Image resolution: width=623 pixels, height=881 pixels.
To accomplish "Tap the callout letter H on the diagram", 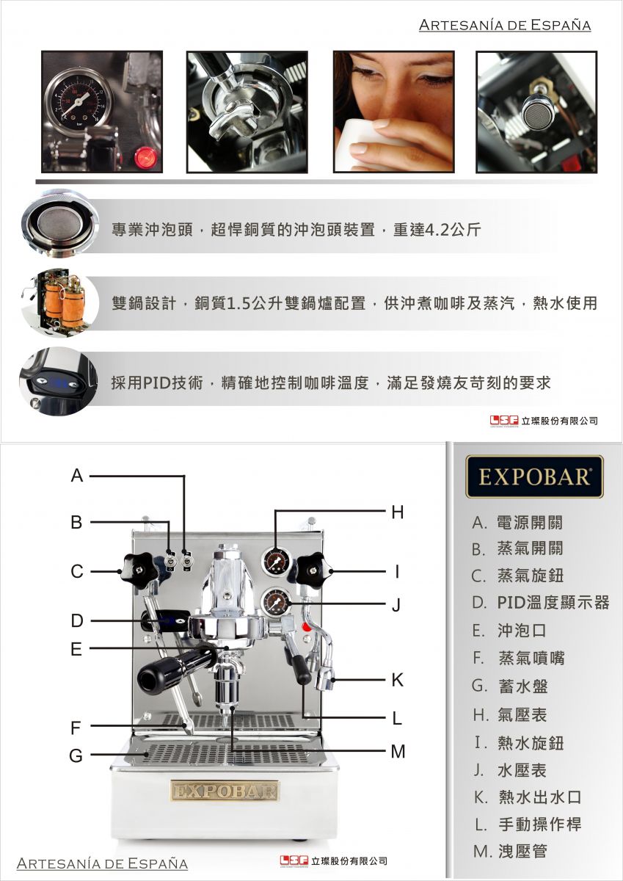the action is tap(398, 512).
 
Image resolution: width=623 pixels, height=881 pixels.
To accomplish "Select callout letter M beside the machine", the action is tap(398, 752).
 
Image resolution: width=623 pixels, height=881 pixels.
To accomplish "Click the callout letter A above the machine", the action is tap(78, 476).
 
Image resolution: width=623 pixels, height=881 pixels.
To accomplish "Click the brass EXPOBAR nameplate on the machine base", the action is tap(225, 791).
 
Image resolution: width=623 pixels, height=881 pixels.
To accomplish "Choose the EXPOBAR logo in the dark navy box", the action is tap(534, 476).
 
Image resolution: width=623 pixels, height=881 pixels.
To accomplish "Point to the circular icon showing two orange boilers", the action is tap(59, 302).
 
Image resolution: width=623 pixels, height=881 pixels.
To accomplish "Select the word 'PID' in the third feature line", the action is tap(156, 383).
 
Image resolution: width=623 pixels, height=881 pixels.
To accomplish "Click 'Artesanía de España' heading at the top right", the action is tap(505, 25).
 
